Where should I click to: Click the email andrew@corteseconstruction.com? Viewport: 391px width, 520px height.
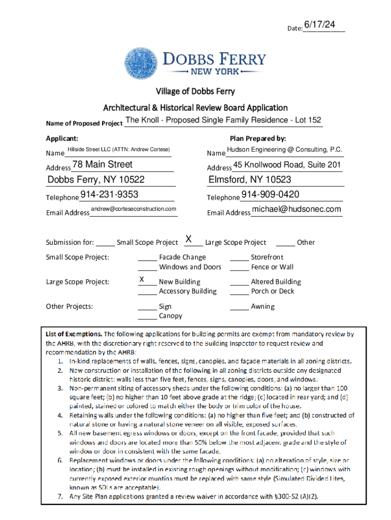click(x=134, y=209)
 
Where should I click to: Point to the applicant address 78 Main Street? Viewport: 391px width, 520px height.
click(x=103, y=165)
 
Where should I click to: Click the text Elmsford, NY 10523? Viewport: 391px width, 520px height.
click(x=250, y=180)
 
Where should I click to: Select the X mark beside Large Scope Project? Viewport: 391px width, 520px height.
click(x=188, y=239)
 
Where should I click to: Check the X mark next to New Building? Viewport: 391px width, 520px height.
click(x=143, y=279)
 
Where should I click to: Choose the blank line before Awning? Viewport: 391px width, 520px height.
click(x=239, y=308)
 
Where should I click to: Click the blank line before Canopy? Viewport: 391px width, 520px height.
click(x=147, y=317)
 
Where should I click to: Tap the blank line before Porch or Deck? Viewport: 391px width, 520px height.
click(x=239, y=292)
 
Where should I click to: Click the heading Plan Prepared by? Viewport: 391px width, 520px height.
click(x=258, y=139)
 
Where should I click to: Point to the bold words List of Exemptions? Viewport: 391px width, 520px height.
click(x=74, y=335)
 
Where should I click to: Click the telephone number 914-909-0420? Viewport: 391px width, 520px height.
click(x=270, y=194)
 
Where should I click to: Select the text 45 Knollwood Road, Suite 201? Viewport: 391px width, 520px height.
click(x=287, y=165)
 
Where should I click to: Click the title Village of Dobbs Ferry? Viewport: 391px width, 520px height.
click(x=195, y=91)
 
